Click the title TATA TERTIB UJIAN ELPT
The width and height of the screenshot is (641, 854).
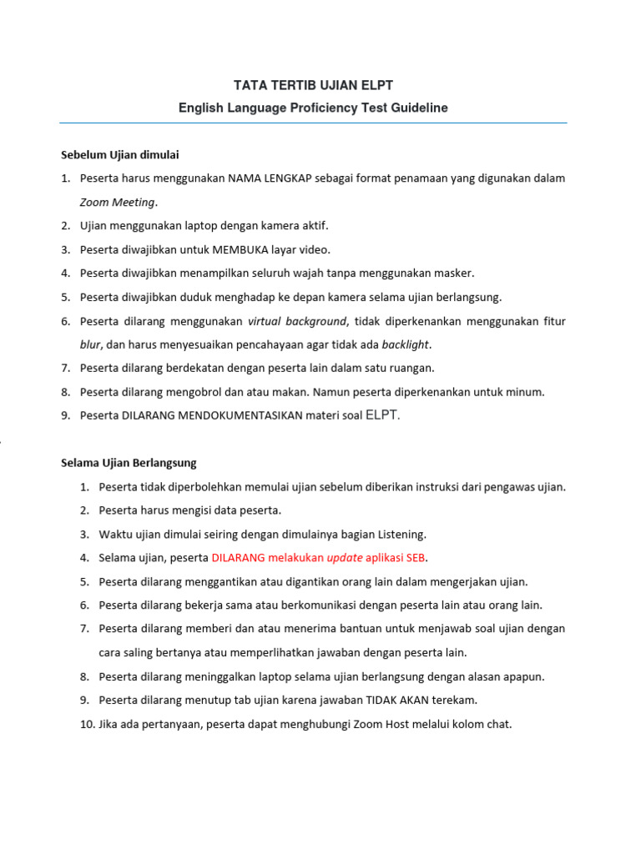[x=312, y=85]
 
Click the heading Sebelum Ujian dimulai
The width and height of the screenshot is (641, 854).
[x=119, y=154]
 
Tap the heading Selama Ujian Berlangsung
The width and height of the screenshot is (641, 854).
[x=129, y=463]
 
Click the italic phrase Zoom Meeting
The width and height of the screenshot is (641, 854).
[x=117, y=202]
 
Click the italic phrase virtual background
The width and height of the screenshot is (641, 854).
[x=296, y=321]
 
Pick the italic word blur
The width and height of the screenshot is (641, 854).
[x=90, y=344]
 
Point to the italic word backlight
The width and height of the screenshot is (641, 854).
[x=406, y=344]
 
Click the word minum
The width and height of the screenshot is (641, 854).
[x=527, y=392]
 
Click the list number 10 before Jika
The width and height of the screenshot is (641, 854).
[x=87, y=725]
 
